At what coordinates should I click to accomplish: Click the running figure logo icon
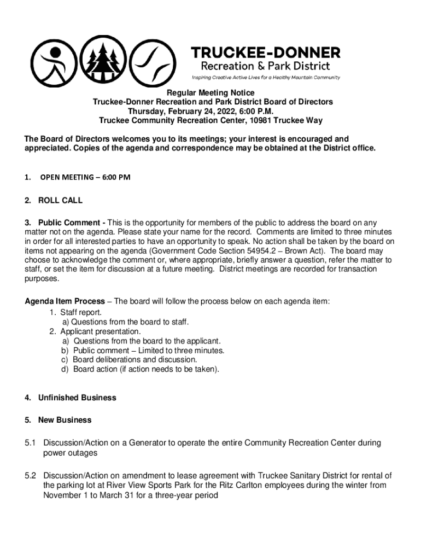pos(53,62)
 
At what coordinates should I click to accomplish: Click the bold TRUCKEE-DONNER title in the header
pos(265,52)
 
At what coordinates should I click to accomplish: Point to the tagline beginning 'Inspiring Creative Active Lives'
pos(265,77)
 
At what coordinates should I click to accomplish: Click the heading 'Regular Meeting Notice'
pos(210,93)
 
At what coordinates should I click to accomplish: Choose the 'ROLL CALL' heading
pos(60,200)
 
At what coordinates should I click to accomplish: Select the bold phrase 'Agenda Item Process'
pos(65,301)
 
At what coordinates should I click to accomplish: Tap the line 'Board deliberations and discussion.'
pos(135,360)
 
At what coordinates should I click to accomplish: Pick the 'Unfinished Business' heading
pos(77,398)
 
